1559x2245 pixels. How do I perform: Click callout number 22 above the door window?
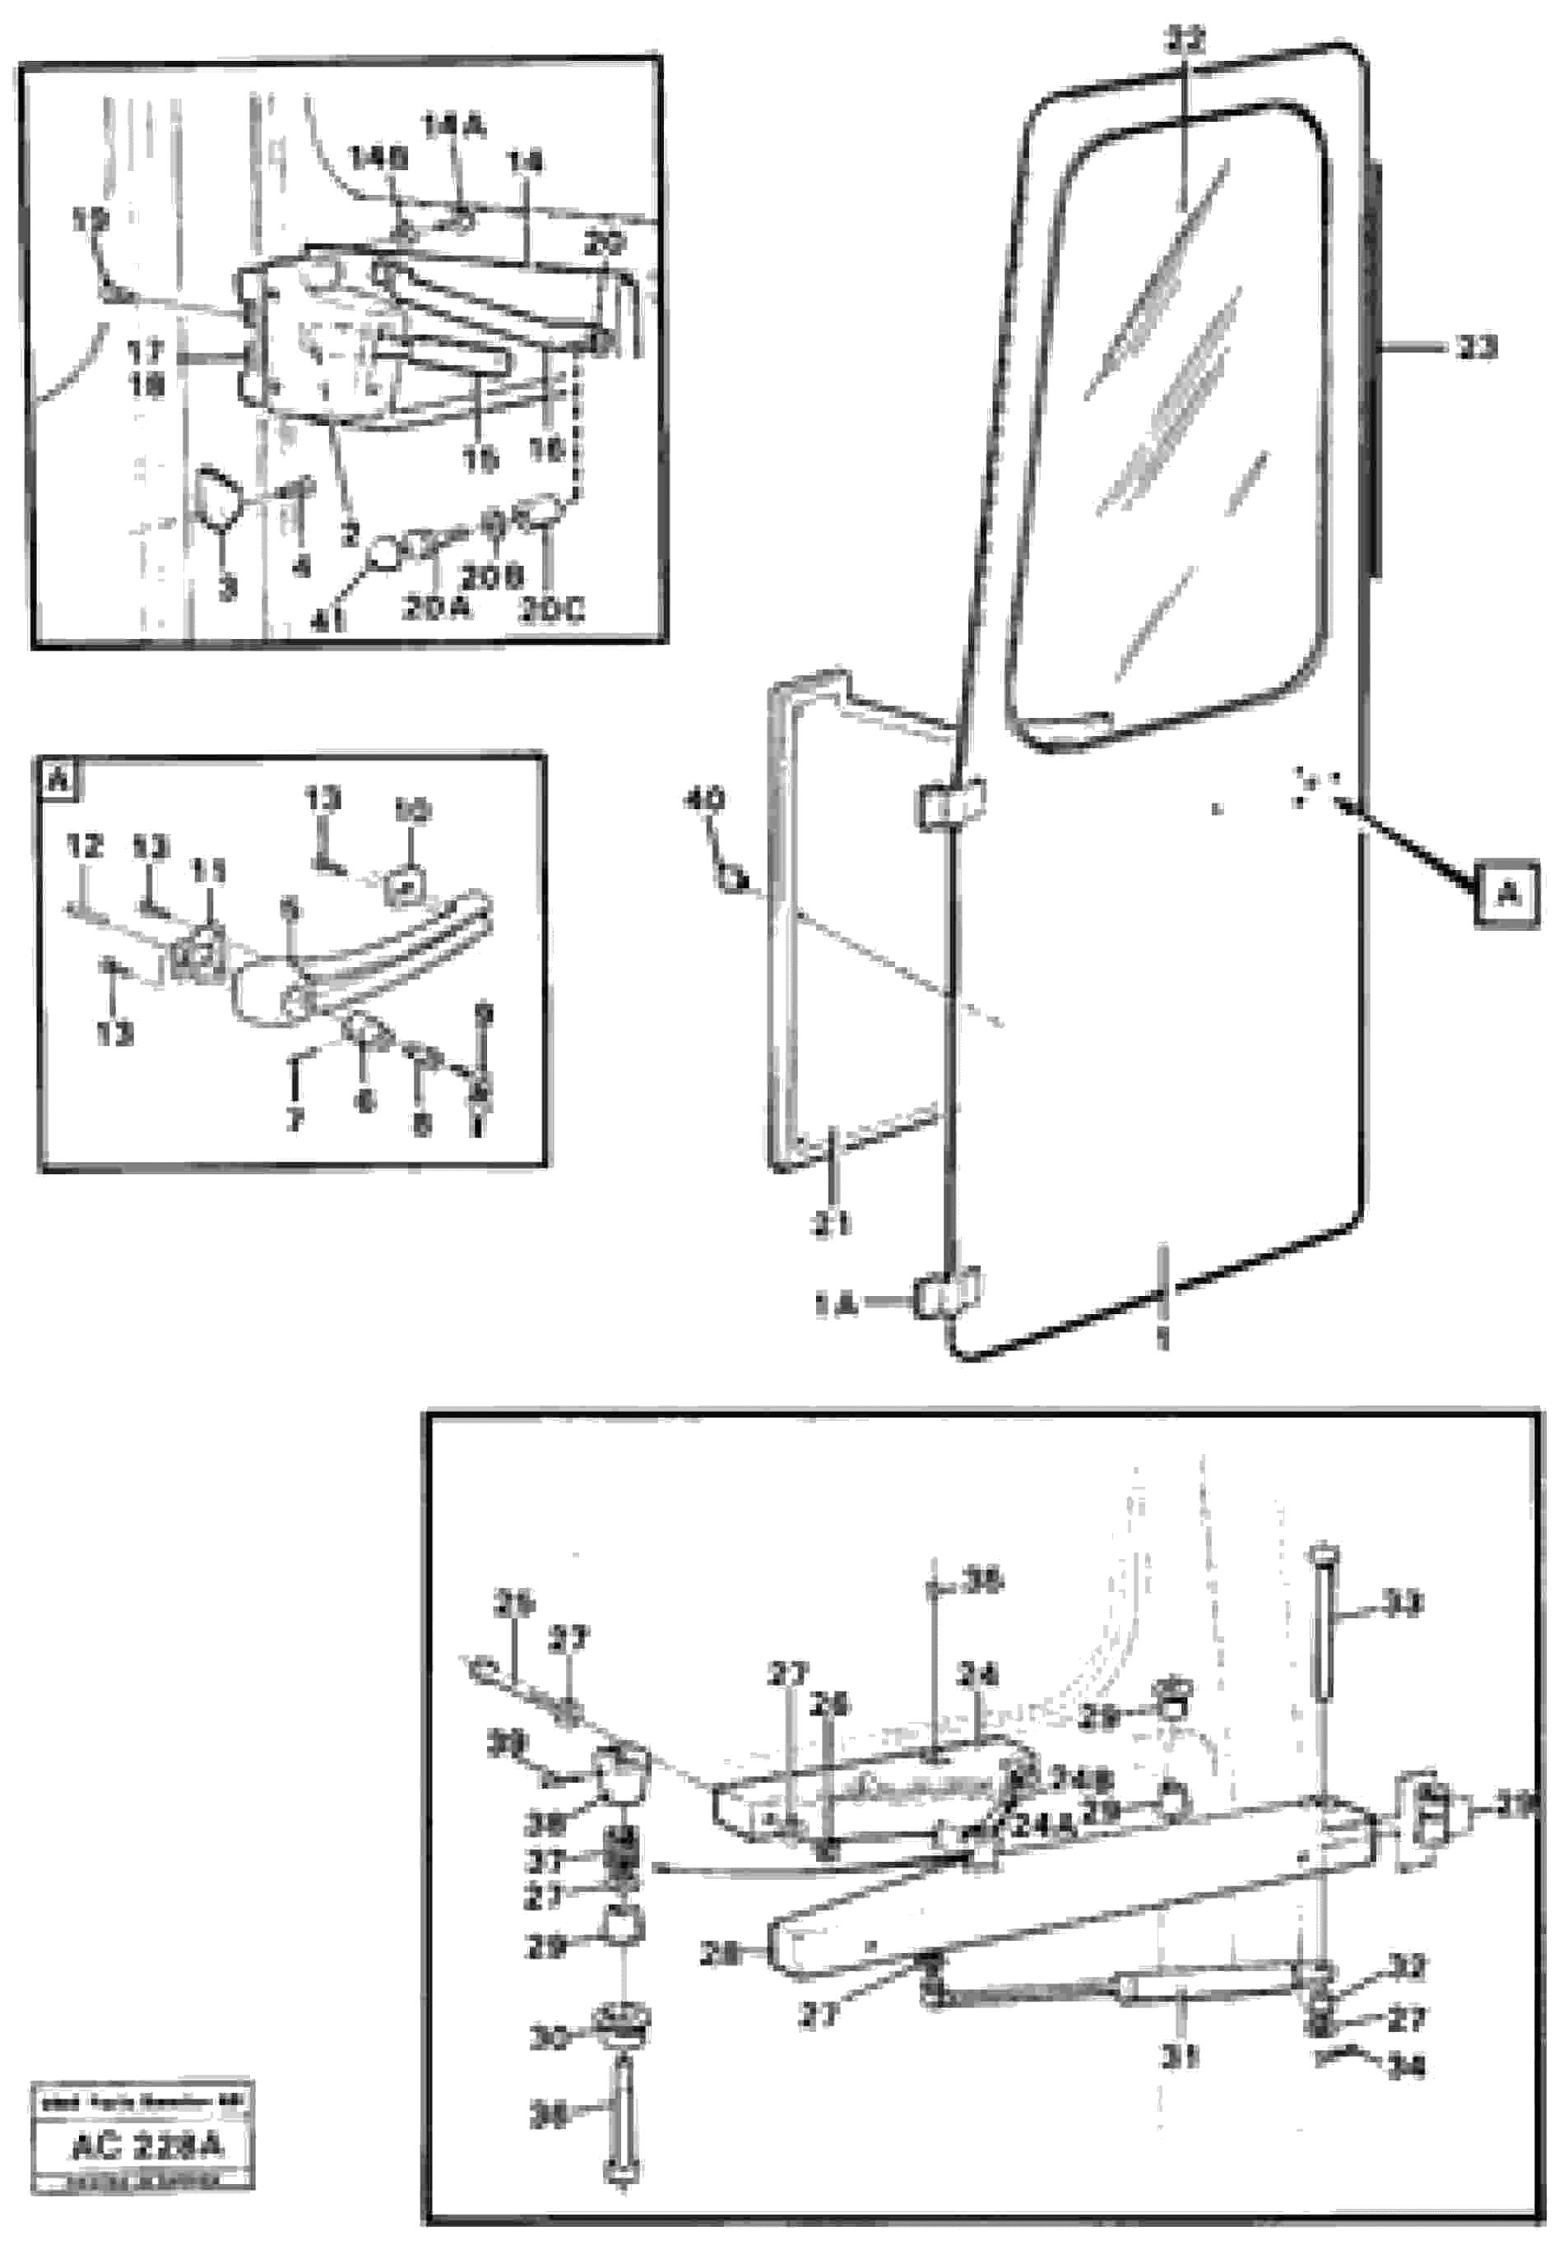tap(1184, 41)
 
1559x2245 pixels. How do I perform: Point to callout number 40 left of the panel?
tap(703, 801)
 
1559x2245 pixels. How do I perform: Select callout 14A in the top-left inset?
tap(454, 127)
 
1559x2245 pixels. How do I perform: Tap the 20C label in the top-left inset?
tap(552, 610)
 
